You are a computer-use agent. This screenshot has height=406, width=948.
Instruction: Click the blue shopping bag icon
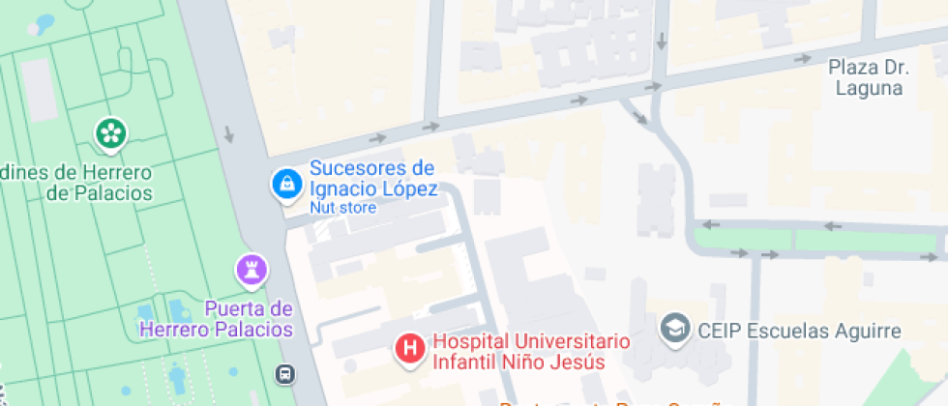pos(285,181)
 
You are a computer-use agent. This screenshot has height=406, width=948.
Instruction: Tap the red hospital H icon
pos(411,349)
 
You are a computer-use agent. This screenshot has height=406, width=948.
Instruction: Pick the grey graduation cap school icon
pos(672,329)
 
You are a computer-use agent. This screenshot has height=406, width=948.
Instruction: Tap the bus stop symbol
pos(285,373)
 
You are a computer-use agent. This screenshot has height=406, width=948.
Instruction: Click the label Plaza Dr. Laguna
pos(865,78)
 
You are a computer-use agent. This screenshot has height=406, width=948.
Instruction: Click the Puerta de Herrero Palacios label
pos(216,319)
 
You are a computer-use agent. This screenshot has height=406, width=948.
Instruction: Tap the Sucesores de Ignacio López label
pos(373,178)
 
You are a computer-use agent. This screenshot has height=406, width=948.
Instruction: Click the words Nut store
pos(343,208)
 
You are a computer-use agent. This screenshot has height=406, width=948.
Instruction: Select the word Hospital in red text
pos(471,341)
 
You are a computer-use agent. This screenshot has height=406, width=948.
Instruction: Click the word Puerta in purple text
pos(234,309)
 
